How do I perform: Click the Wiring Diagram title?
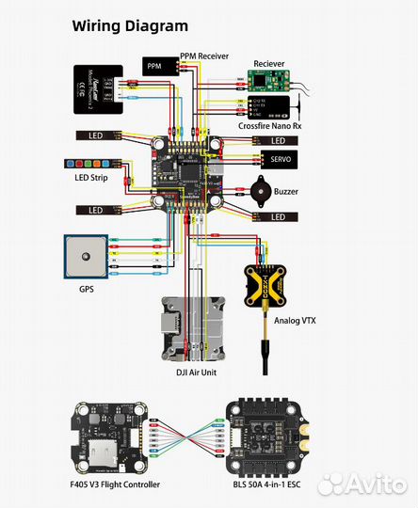click(130, 26)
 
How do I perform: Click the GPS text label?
click(86, 291)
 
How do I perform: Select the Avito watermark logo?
click(362, 484)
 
